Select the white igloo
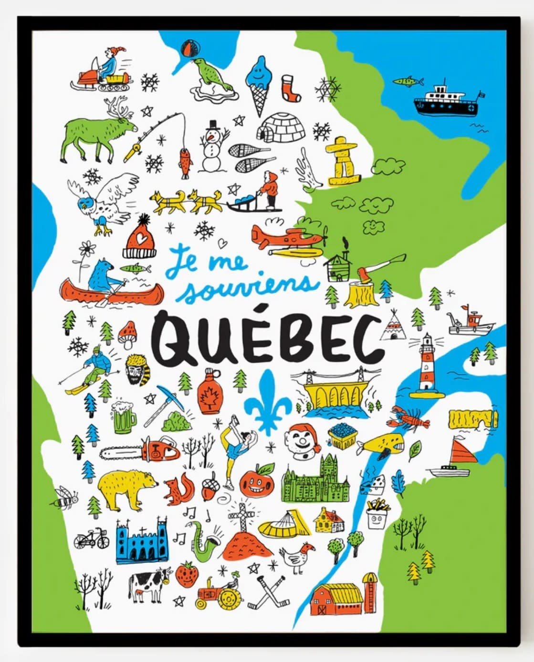(x=281, y=127)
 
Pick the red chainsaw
(x=141, y=450)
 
